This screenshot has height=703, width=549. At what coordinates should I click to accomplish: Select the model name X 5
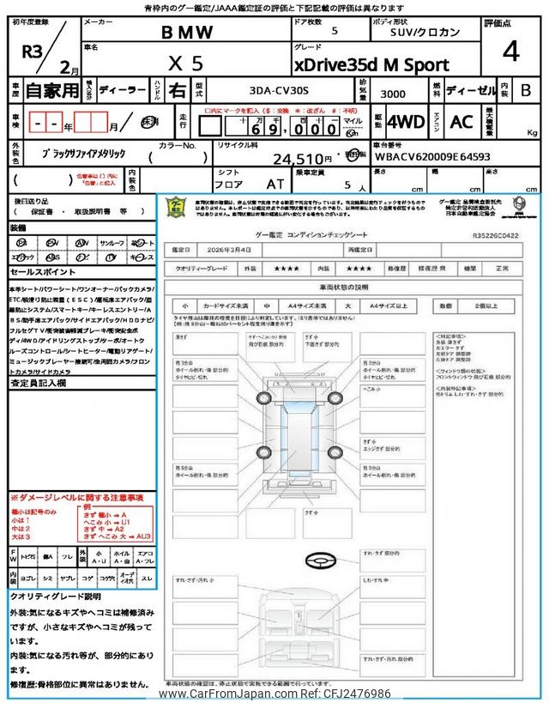click(185, 64)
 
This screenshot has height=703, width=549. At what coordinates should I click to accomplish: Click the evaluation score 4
click(511, 52)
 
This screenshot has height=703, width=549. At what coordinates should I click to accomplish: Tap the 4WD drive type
click(406, 121)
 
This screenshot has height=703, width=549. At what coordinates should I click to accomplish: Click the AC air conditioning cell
click(461, 121)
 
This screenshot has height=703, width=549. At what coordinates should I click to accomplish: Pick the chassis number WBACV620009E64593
click(444, 157)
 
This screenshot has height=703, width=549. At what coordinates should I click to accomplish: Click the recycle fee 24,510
click(301, 159)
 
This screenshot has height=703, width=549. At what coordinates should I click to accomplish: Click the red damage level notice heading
click(76, 498)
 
